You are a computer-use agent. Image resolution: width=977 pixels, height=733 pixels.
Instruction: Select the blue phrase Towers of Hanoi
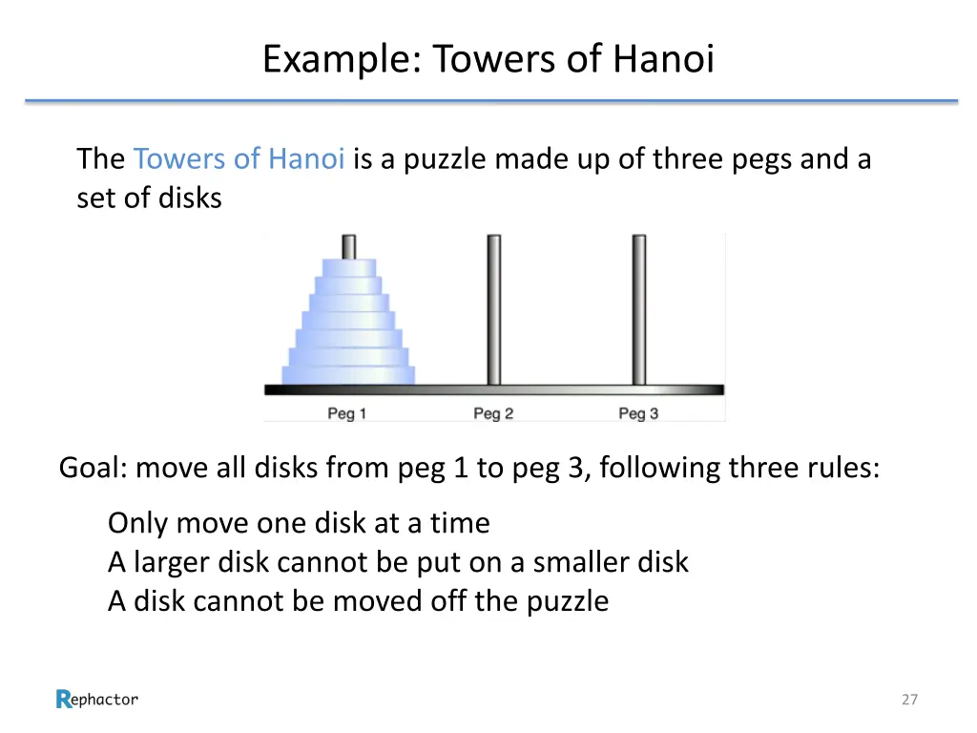[239, 158]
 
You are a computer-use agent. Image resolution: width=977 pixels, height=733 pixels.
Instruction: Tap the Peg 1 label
[347, 413]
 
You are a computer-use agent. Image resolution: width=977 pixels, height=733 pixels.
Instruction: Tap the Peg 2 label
[493, 413]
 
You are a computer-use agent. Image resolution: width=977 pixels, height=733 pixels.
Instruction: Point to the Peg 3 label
[638, 413]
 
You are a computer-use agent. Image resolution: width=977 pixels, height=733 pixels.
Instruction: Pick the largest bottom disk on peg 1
[348, 375]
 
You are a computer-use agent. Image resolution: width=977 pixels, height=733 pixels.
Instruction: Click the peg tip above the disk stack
[348, 246]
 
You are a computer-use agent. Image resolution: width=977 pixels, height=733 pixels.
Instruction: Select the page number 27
[909, 700]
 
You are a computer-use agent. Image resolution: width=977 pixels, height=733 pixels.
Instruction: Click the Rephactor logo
[97, 700]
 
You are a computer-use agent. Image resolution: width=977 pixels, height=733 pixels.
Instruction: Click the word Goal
[92, 469]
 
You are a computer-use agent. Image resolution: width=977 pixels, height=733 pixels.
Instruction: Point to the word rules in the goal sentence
[842, 469]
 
